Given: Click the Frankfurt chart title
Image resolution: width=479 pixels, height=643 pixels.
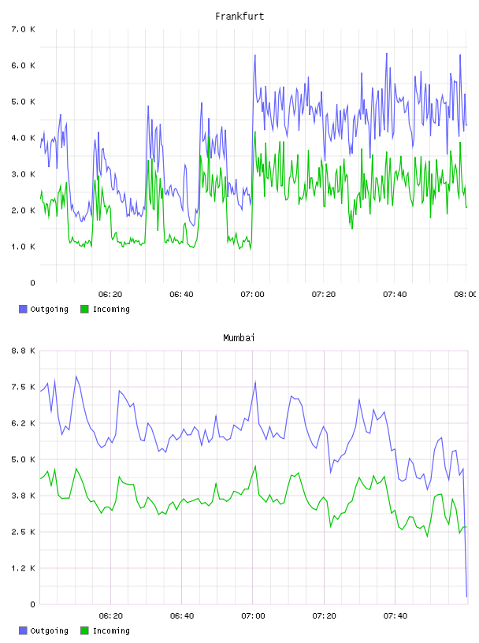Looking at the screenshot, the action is pyautogui.click(x=239, y=17).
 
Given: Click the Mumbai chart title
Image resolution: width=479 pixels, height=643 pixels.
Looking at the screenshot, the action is pyautogui.click(x=239, y=338).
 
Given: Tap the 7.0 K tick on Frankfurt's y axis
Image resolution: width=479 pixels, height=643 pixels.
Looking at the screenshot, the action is pyautogui.click(x=24, y=29).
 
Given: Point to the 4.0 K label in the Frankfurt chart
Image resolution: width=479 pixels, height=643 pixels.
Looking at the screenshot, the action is pyautogui.click(x=24, y=138).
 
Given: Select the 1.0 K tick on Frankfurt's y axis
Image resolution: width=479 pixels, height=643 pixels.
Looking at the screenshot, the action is pyautogui.click(x=24, y=247).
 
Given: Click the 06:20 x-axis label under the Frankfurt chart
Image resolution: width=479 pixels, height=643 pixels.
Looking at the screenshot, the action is pyautogui.click(x=110, y=294).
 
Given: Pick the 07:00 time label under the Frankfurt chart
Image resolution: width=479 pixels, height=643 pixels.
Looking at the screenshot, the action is pyautogui.click(x=253, y=294).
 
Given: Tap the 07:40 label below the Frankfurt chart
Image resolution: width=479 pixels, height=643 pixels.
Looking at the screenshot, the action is pyautogui.click(x=395, y=294).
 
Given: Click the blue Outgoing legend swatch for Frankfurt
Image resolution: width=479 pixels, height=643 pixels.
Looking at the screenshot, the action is pyautogui.click(x=23, y=309).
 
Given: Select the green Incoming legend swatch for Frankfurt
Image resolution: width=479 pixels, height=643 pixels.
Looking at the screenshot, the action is pyautogui.click(x=84, y=309).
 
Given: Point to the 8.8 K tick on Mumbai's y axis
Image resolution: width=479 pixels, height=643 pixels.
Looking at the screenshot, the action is pyautogui.click(x=24, y=351).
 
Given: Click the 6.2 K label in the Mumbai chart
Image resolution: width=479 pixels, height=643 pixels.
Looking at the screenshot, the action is pyautogui.click(x=24, y=423).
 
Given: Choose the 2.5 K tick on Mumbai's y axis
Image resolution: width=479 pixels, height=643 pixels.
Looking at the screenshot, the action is pyautogui.click(x=24, y=532).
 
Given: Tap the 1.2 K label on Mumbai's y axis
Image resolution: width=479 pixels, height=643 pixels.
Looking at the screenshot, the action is pyautogui.click(x=24, y=568).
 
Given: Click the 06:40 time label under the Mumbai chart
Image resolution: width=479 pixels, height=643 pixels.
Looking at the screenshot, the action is pyautogui.click(x=182, y=615).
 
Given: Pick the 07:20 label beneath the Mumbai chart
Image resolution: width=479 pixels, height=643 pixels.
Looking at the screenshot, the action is pyautogui.click(x=324, y=615).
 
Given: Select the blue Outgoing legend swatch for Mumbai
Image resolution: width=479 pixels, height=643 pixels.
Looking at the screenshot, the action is pyautogui.click(x=23, y=630).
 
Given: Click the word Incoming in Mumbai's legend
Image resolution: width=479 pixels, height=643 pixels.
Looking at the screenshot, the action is pyautogui.click(x=111, y=631).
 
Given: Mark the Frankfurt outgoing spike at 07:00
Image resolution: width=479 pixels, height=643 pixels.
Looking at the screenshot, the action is pyautogui.click(x=254, y=55).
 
